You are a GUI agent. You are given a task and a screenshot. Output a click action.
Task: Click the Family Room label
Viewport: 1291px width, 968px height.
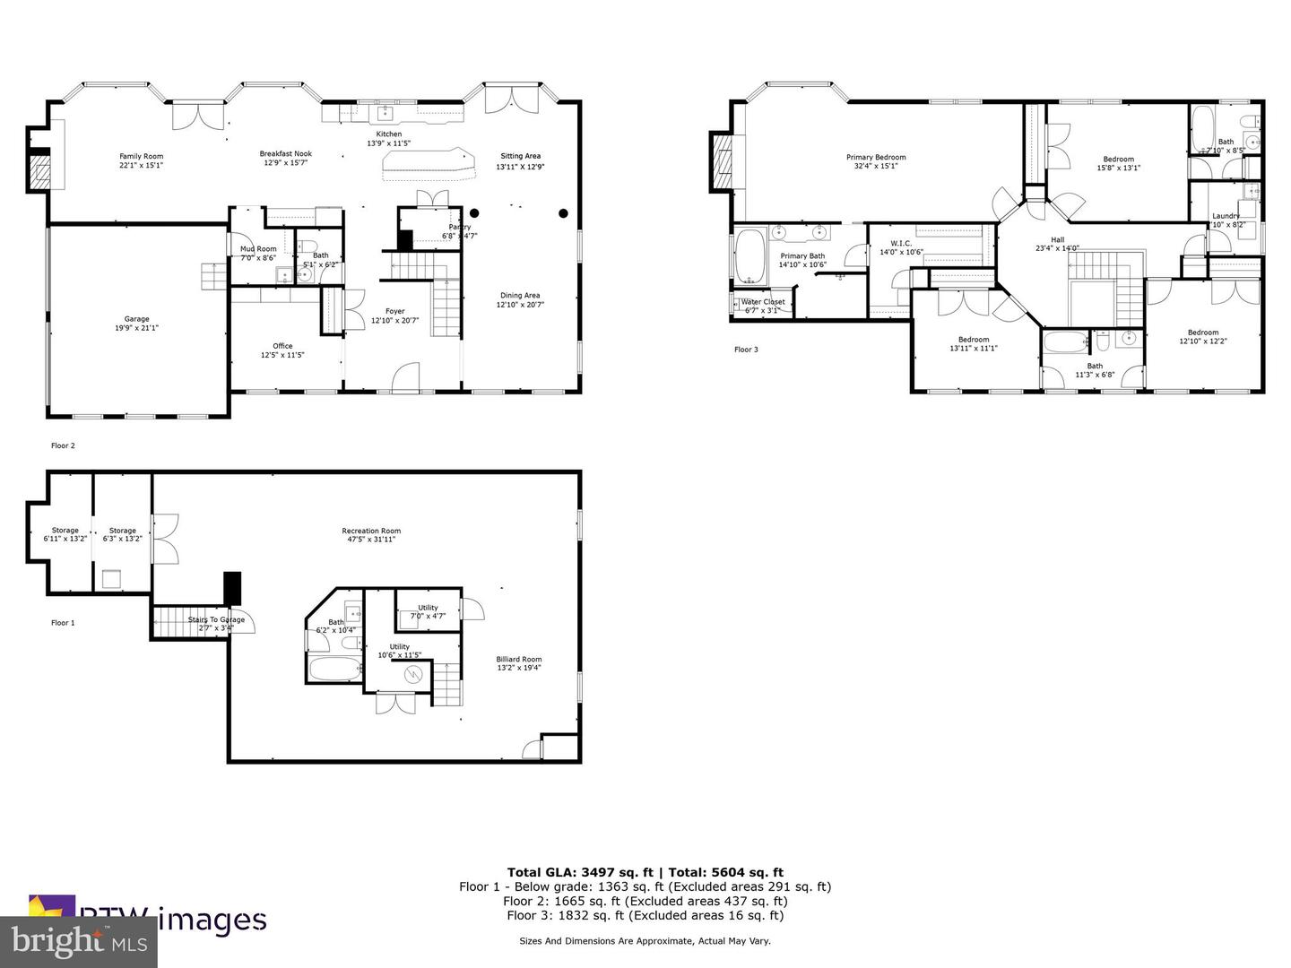pyautogui.click(x=142, y=156)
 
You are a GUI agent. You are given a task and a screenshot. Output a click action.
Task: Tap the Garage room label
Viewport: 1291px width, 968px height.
pyautogui.click(x=136, y=319)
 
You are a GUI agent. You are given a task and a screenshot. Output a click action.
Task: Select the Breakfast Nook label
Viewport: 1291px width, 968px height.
pyautogui.click(x=286, y=153)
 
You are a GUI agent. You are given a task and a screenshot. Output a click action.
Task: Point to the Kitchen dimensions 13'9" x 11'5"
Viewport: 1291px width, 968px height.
pyautogui.click(x=388, y=143)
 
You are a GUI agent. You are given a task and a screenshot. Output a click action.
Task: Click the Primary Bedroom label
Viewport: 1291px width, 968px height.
pyautogui.click(x=876, y=157)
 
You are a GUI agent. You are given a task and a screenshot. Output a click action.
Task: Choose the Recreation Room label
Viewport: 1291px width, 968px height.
pyautogui.click(x=371, y=531)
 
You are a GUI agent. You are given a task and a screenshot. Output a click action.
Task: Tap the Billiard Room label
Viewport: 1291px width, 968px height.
pyautogui.click(x=519, y=659)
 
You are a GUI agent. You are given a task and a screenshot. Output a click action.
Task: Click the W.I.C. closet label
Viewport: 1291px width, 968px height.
pyautogui.click(x=901, y=243)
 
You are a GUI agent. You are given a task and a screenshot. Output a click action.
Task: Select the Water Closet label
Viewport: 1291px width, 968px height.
pyautogui.click(x=763, y=302)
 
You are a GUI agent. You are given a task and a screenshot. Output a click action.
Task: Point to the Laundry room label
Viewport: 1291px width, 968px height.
pyautogui.click(x=1226, y=216)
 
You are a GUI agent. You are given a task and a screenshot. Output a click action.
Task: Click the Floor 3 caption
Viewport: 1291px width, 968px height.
pyautogui.click(x=746, y=350)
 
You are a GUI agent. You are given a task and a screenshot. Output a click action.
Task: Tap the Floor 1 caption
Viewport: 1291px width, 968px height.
pyautogui.click(x=63, y=623)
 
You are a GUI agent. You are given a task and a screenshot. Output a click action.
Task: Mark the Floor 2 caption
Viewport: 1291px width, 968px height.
pyautogui.click(x=63, y=445)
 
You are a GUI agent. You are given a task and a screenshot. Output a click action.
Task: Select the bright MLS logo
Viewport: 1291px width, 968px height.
pyautogui.click(x=79, y=941)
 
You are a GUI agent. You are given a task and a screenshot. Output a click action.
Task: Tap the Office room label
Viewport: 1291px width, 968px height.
pyautogui.click(x=282, y=346)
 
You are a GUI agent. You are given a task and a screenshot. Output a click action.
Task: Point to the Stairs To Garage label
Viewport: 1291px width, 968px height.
pyautogui.click(x=216, y=619)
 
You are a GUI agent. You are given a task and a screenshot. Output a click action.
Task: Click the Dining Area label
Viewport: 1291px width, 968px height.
pyautogui.click(x=520, y=295)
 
